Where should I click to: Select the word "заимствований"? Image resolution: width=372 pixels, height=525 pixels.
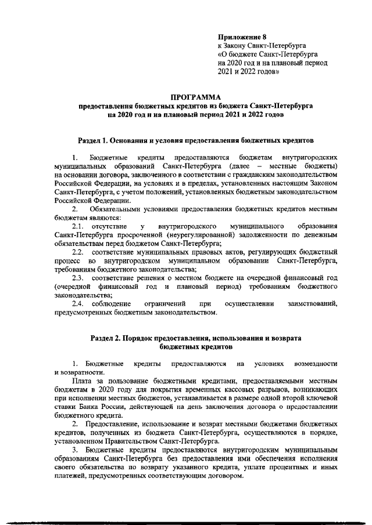click(313, 305)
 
